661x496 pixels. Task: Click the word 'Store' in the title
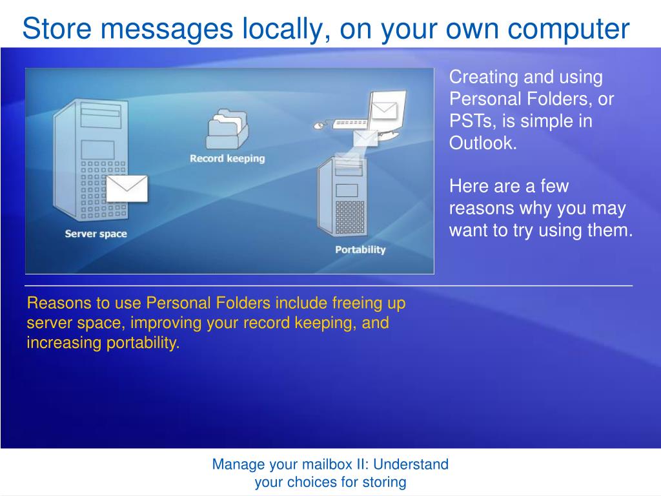57,28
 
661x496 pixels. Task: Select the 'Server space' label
96,234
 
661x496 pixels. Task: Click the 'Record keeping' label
227,159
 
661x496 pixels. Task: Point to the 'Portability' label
360,250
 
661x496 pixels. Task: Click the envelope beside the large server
127,189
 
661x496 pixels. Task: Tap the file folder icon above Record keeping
227,129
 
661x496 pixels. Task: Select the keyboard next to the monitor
349,123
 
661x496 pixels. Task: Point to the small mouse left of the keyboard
319,125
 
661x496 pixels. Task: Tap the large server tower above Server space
90,160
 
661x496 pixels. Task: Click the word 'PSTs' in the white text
471,121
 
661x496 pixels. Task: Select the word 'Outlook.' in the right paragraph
483,143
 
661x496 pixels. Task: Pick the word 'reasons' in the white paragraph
481,209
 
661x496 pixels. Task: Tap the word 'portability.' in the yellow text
143,343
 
